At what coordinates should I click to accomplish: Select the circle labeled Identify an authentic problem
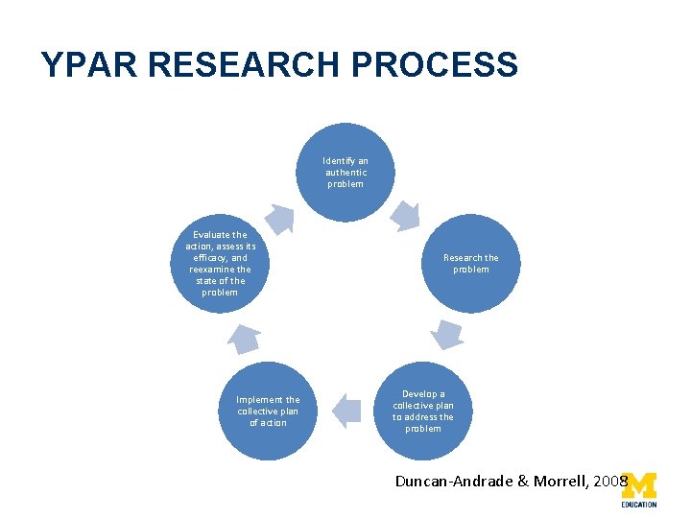point(345,172)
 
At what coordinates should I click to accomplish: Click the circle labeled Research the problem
point(470,264)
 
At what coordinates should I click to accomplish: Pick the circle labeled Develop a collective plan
point(423,411)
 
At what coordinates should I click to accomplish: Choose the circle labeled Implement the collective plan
point(268,411)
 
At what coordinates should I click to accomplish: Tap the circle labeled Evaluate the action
point(220,264)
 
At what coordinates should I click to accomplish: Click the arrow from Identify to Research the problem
point(407,217)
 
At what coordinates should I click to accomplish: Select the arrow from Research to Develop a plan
point(446,334)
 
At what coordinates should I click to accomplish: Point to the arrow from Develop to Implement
point(345,411)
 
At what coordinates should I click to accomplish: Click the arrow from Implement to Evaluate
point(244,336)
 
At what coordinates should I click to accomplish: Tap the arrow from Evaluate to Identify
point(280,219)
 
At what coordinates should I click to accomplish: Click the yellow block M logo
point(639,483)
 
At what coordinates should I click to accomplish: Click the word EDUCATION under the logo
point(639,504)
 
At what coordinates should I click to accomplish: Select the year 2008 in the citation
point(610,481)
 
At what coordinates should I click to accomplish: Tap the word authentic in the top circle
point(345,173)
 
